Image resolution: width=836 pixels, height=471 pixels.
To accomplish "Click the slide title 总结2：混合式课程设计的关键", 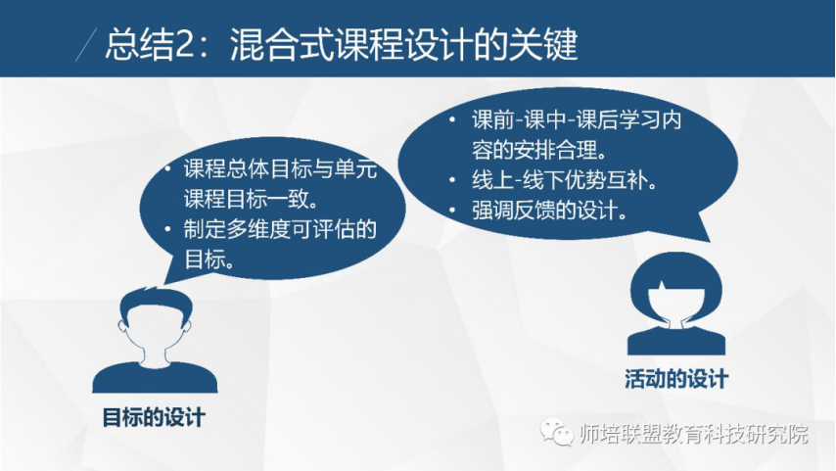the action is (342, 44).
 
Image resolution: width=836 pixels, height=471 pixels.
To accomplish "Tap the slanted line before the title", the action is (86, 45).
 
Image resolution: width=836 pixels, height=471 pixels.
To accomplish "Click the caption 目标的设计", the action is (154, 417).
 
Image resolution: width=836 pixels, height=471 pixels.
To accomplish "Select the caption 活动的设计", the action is (676, 379).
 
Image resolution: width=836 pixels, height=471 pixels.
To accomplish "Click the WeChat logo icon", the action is (557, 432).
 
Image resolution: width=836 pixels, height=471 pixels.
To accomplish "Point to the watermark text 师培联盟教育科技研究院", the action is (694, 434).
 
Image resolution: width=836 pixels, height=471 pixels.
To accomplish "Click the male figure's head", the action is (155, 320).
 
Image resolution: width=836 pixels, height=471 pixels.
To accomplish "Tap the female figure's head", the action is (676, 289).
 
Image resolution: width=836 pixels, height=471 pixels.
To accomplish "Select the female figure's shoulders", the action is (676, 341).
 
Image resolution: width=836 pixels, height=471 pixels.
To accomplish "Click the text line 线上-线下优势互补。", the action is (564, 180).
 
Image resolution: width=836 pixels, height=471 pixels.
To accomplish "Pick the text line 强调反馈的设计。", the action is (549, 211).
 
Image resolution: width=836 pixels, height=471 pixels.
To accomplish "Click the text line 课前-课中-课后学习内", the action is (577, 120).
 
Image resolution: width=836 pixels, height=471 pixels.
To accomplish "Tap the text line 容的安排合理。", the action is (539, 150).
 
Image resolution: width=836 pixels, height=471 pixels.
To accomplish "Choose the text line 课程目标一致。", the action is (252, 199).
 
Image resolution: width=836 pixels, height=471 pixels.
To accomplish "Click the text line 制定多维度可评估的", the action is (280, 229).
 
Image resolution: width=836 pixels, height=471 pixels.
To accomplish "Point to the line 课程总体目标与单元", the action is (280, 169).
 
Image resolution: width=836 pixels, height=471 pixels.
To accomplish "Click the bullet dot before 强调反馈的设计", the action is (452, 211).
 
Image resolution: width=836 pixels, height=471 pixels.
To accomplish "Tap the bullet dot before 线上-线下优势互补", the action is (452, 180).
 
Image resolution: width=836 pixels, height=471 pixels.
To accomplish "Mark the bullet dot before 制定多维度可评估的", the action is (167, 229).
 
